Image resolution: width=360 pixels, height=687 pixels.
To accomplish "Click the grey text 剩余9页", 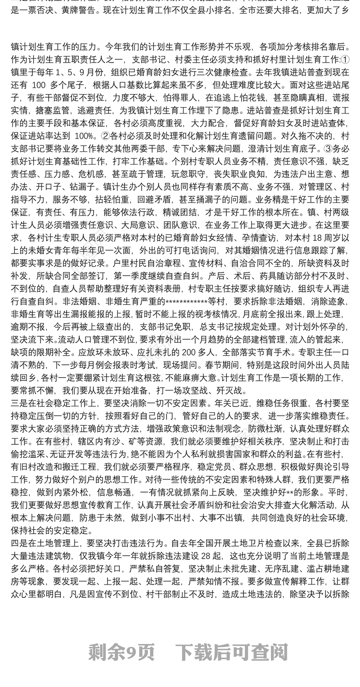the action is (121, 651).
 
